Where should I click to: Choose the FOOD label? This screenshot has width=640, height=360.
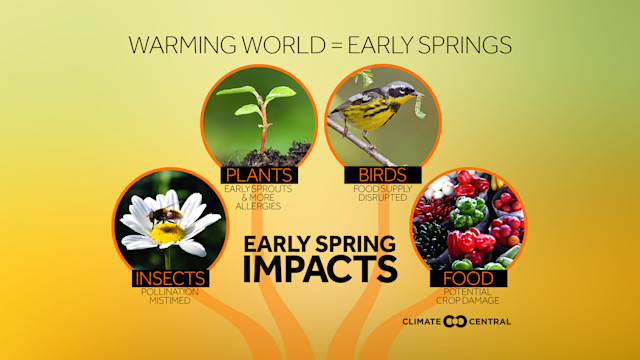click(466, 278)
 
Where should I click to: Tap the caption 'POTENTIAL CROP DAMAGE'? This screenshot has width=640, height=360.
click(466, 297)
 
